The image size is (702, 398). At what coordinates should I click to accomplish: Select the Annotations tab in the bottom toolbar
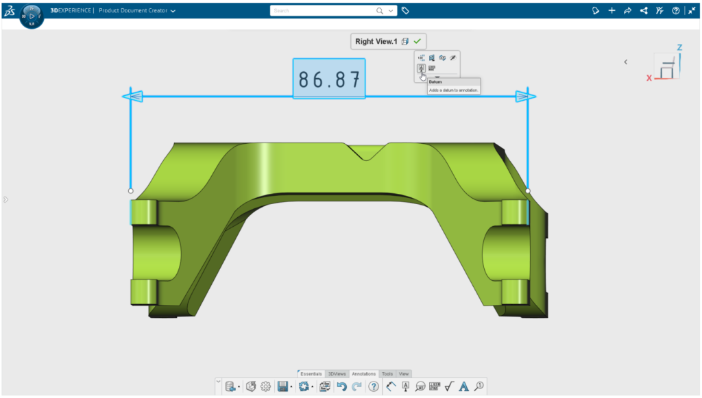point(363,374)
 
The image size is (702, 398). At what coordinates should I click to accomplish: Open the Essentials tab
point(311,374)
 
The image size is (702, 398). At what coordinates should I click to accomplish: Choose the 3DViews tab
point(337,374)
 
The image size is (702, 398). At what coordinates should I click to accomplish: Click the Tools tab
point(387,374)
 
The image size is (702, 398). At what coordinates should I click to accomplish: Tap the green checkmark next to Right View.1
point(417,41)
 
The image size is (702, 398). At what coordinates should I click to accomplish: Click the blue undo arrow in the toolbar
point(341,387)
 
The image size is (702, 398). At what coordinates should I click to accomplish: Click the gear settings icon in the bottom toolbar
point(265,387)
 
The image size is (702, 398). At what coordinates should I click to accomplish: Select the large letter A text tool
point(463,387)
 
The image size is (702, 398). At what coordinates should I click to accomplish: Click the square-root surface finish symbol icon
point(449,387)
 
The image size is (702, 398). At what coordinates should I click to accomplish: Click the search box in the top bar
point(322,11)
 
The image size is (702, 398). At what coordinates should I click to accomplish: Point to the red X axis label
point(649,78)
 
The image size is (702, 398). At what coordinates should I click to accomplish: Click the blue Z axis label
point(679,47)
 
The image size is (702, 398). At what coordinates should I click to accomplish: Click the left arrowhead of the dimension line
point(133,97)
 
